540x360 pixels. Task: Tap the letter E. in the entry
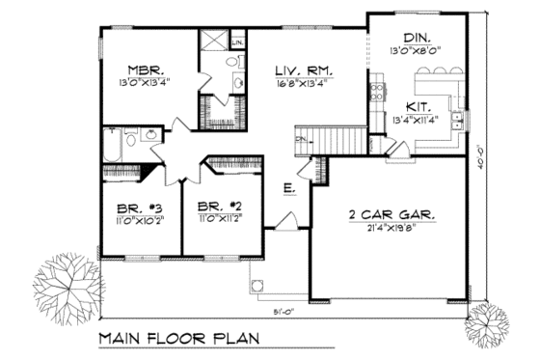coord(288,188)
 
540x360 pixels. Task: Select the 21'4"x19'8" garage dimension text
coord(391,229)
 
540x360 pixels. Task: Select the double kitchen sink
coord(460,120)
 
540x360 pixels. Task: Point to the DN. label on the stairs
coord(300,140)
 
